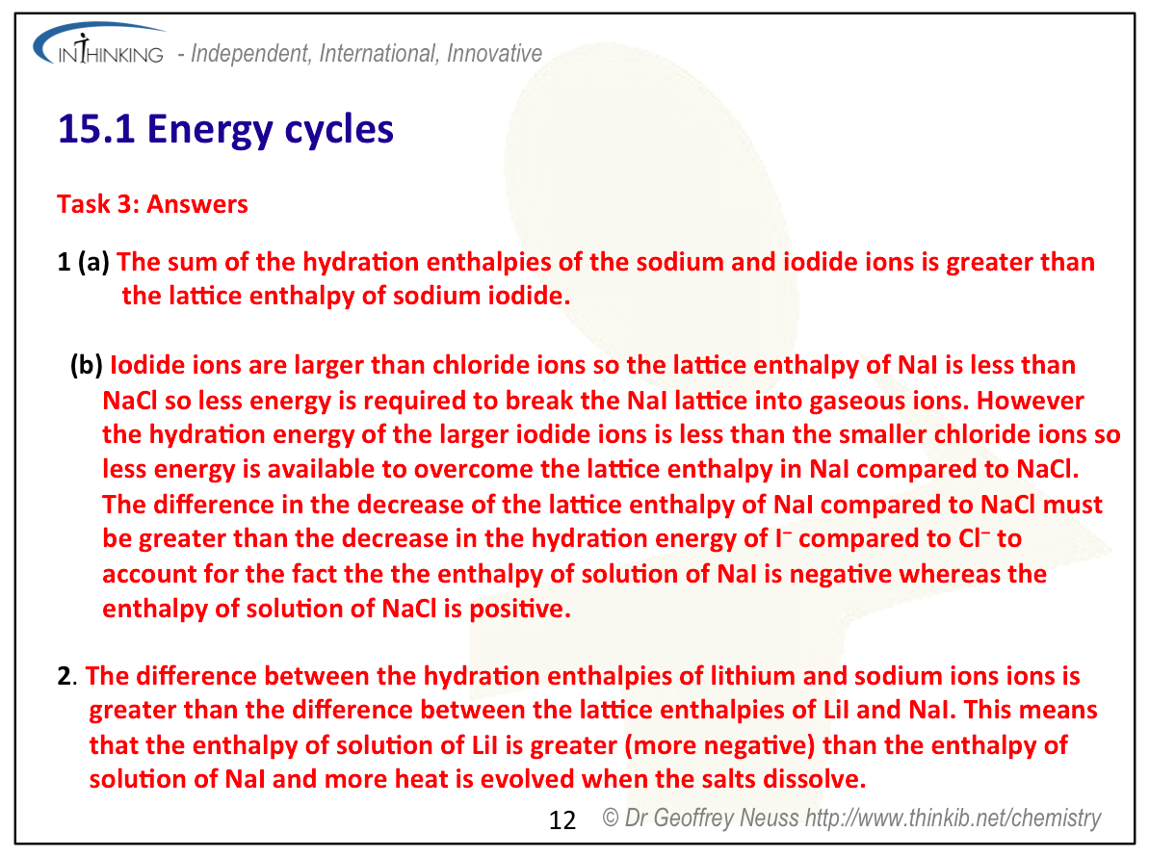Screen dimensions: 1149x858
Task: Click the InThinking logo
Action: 99,45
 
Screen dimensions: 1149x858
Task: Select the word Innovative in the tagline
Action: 495,54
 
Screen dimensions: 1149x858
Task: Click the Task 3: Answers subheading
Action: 152,204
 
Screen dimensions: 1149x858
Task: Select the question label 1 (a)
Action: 84,262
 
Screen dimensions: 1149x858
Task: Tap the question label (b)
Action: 87,365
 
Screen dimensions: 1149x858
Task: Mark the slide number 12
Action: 562,819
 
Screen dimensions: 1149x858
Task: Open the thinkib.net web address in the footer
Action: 953,819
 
